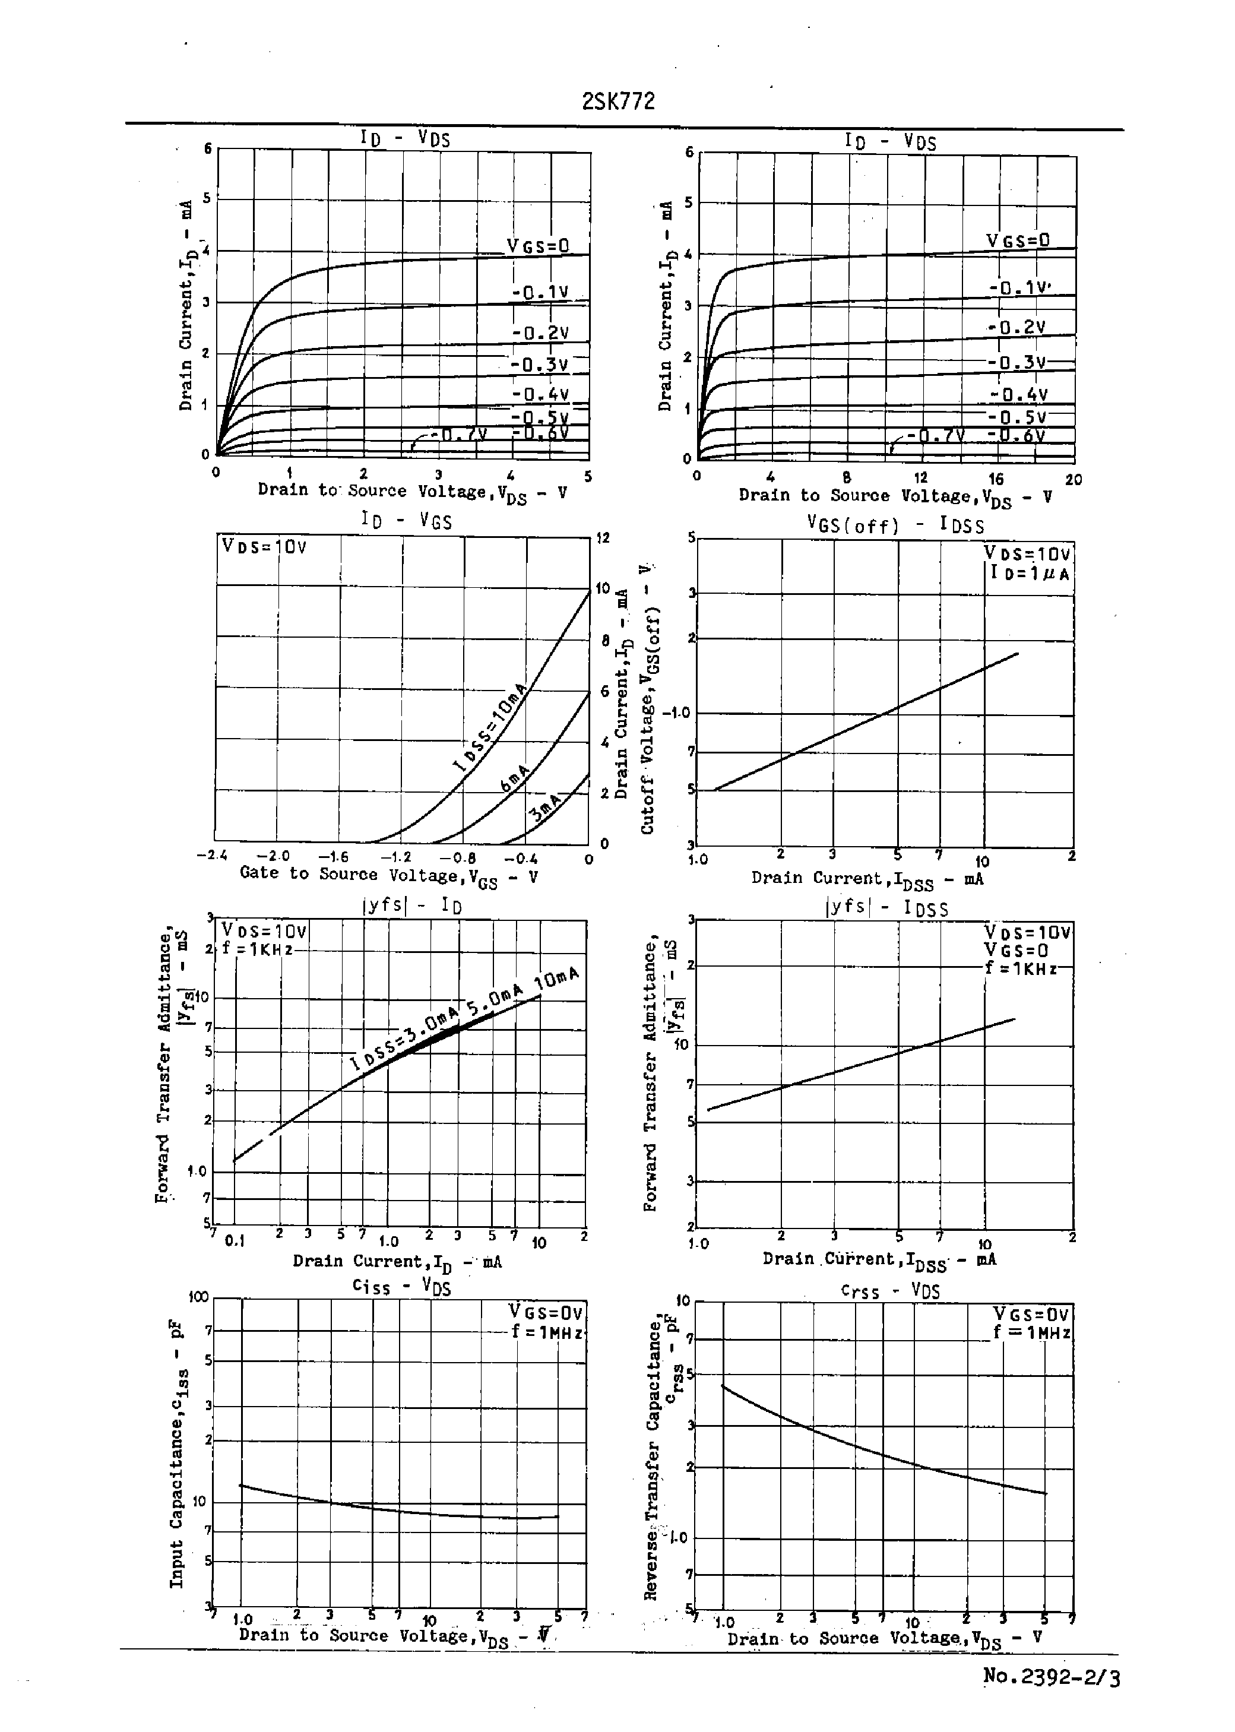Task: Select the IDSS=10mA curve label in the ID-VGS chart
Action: tap(490, 727)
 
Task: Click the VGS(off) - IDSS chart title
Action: tap(895, 525)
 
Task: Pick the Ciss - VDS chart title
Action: tap(401, 1287)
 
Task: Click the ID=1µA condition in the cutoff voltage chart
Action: tap(1030, 574)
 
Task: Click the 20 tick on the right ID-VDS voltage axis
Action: tap(1073, 480)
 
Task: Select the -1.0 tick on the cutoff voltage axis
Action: tap(676, 713)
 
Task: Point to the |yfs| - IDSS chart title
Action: tap(886, 907)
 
